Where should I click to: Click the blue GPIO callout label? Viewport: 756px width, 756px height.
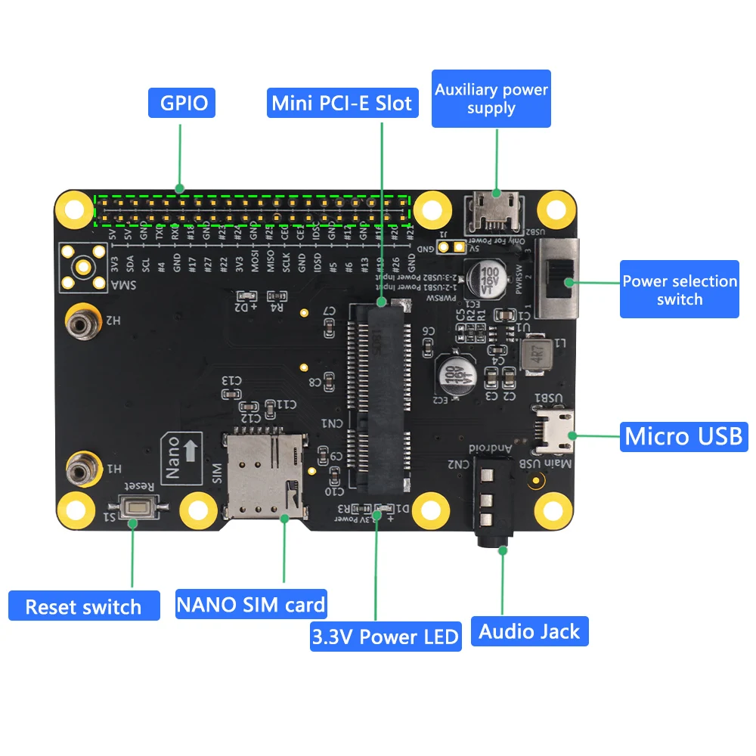(x=181, y=103)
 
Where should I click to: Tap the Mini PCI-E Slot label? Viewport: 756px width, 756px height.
(x=342, y=103)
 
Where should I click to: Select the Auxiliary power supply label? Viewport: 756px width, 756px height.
(x=491, y=99)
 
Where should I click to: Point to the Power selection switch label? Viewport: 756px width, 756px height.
(x=679, y=290)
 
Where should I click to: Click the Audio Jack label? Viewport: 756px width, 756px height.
(x=529, y=631)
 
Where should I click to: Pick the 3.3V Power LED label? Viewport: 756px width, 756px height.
(x=386, y=637)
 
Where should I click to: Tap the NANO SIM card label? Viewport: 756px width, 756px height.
(x=251, y=605)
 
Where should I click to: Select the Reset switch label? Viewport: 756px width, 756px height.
(x=84, y=606)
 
